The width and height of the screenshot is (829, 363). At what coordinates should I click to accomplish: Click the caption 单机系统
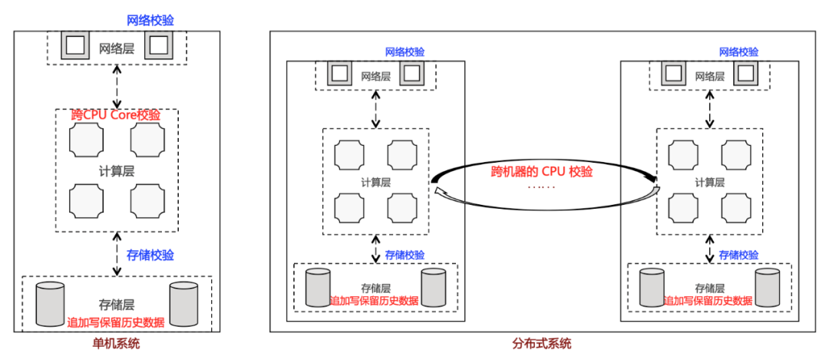(116, 344)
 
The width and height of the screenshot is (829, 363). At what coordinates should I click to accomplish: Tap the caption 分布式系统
(542, 344)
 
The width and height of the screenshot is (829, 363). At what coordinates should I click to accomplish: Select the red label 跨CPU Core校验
(116, 115)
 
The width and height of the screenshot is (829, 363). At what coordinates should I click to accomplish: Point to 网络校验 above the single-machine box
(150, 20)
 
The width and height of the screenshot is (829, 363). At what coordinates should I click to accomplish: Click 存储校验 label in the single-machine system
(150, 255)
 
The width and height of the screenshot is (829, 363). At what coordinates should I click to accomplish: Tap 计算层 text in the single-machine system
(117, 171)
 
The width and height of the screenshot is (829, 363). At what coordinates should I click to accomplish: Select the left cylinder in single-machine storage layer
(51, 303)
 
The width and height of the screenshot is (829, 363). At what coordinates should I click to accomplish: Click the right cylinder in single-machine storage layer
(183, 303)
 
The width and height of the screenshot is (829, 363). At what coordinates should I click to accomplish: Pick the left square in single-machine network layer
(74, 46)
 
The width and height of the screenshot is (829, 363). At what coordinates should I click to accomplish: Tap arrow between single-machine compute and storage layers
(117, 253)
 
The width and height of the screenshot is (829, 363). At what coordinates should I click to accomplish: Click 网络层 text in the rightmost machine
(709, 77)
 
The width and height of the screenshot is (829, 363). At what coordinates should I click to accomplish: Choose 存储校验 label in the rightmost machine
(738, 255)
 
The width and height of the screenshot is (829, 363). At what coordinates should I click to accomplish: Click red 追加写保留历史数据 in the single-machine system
(116, 322)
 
